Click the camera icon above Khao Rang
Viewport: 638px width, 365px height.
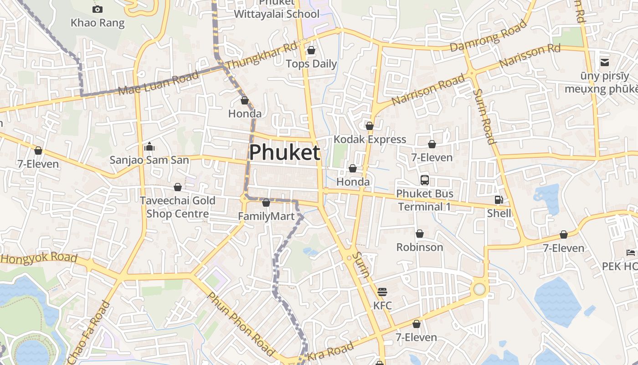pyautogui.click(x=97, y=9)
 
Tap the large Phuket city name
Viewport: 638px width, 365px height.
pyautogui.click(x=285, y=152)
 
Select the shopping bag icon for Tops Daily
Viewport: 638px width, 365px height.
pyautogui.click(x=311, y=50)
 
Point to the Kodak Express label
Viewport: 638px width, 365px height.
pyautogui.click(x=370, y=139)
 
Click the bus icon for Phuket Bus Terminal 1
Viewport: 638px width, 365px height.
pyautogui.click(x=425, y=180)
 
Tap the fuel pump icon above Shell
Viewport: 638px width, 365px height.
pyautogui.click(x=499, y=200)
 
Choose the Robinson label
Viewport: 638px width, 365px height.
pyautogui.click(x=420, y=247)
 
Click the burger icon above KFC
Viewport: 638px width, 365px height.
pyautogui.click(x=382, y=292)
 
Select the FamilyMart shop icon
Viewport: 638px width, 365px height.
pyautogui.click(x=267, y=203)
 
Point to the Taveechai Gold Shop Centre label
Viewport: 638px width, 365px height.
pyautogui.click(x=178, y=207)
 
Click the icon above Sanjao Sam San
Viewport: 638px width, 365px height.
pyautogui.click(x=149, y=147)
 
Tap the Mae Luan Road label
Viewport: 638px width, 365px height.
pyautogui.click(x=159, y=83)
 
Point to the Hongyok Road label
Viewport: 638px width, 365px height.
pyautogui.click(x=39, y=257)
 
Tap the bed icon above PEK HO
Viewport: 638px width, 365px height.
pyautogui.click(x=631, y=252)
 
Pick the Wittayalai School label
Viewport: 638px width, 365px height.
pyautogui.click(x=277, y=14)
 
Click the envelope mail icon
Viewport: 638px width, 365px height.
pyautogui.click(x=605, y=63)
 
